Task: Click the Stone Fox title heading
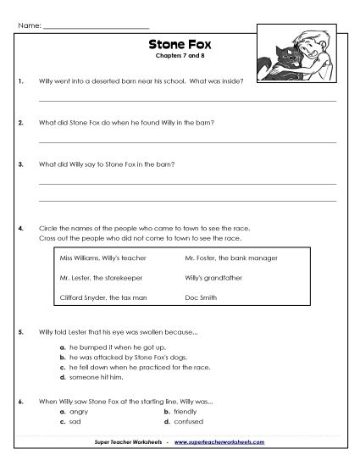coord(180,47)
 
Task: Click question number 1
coord(19,81)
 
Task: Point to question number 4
coord(19,229)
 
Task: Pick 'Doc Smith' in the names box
coord(200,297)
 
